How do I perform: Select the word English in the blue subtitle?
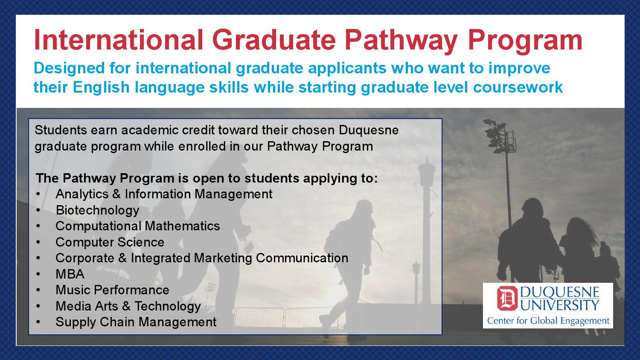pos(101,87)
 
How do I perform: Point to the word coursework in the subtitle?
pos(518,87)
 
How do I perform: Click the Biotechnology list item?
pos(97,210)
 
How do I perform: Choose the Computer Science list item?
pos(110,242)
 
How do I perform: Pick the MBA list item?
pos(70,274)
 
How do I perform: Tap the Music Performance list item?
pos(112,290)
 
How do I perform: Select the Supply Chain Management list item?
pos(136,322)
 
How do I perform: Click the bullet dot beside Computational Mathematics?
pos(38,226)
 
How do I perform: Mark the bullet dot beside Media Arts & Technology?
pos(38,306)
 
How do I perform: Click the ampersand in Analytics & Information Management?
pos(116,194)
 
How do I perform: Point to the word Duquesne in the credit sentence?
pos(369,131)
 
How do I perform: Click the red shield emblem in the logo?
pos(507,298)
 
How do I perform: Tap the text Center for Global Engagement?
pos(548,321)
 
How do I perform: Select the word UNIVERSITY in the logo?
pos(560,305)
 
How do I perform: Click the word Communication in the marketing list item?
pos(302,258)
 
